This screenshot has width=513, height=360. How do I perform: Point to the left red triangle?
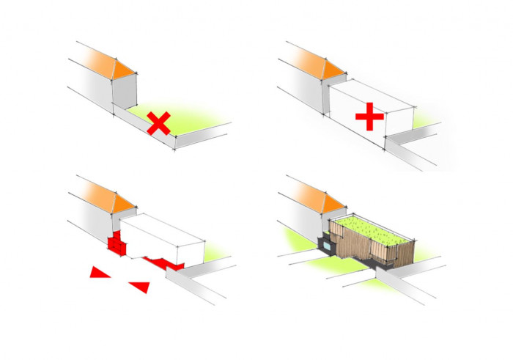(99, 273)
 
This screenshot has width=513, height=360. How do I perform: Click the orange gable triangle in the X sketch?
(125, 67)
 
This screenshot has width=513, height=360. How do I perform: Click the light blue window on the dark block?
(328, 246)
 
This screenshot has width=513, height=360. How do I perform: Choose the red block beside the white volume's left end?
(116, 242)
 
